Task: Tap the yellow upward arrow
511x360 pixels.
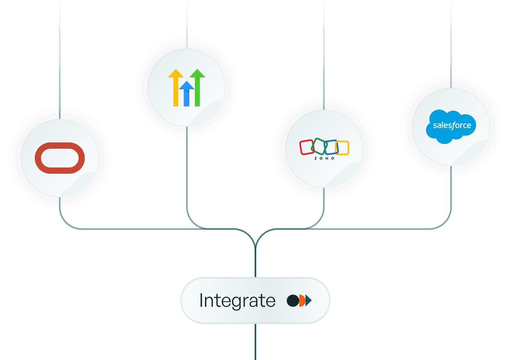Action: point(176,88)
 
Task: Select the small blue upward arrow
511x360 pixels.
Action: point(187,94)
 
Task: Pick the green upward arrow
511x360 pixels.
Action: point(198,88)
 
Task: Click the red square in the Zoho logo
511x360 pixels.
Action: point(307,147)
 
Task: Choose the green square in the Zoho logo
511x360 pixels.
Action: point(319,146)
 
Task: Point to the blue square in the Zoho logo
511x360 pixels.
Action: point(331,147)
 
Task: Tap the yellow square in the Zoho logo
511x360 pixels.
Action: point(342,148)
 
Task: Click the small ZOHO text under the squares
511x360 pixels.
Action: point(324,158)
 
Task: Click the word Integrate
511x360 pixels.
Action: point(237,301)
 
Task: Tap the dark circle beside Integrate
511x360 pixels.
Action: point(292,301)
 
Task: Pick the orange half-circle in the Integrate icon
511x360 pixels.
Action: point(302,301)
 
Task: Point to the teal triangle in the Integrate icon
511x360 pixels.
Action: point(309,301)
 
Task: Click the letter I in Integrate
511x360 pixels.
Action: point(202,301)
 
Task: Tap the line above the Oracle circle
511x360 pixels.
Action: point(59,59)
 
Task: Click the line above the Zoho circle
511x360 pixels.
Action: point(324,55)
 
